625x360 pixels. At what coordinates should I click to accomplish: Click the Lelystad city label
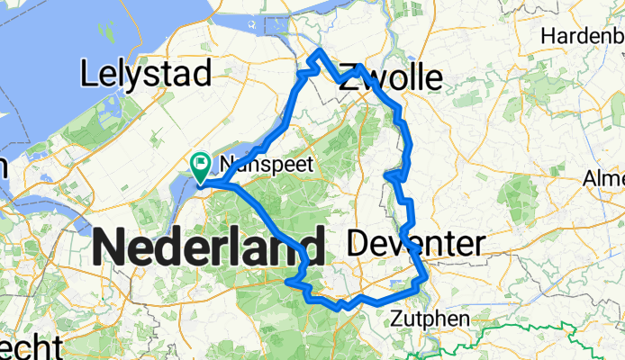click(146, 75)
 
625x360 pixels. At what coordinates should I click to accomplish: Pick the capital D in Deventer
click(356, 243)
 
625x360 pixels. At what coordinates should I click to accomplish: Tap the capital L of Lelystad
click(88, 75)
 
